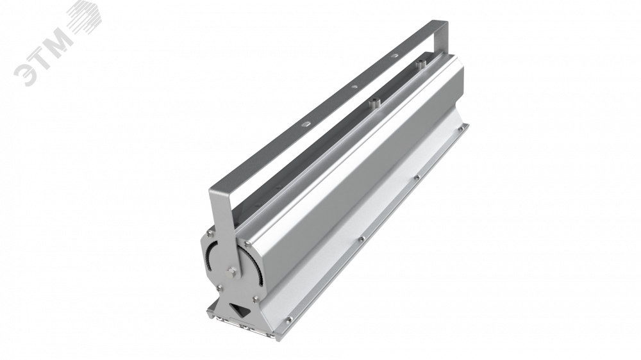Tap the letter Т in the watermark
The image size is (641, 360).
point(43,56)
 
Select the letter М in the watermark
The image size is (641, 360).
point(59,40)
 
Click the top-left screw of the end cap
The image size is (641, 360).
point(210,233)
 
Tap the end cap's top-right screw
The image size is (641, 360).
point(247,245)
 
